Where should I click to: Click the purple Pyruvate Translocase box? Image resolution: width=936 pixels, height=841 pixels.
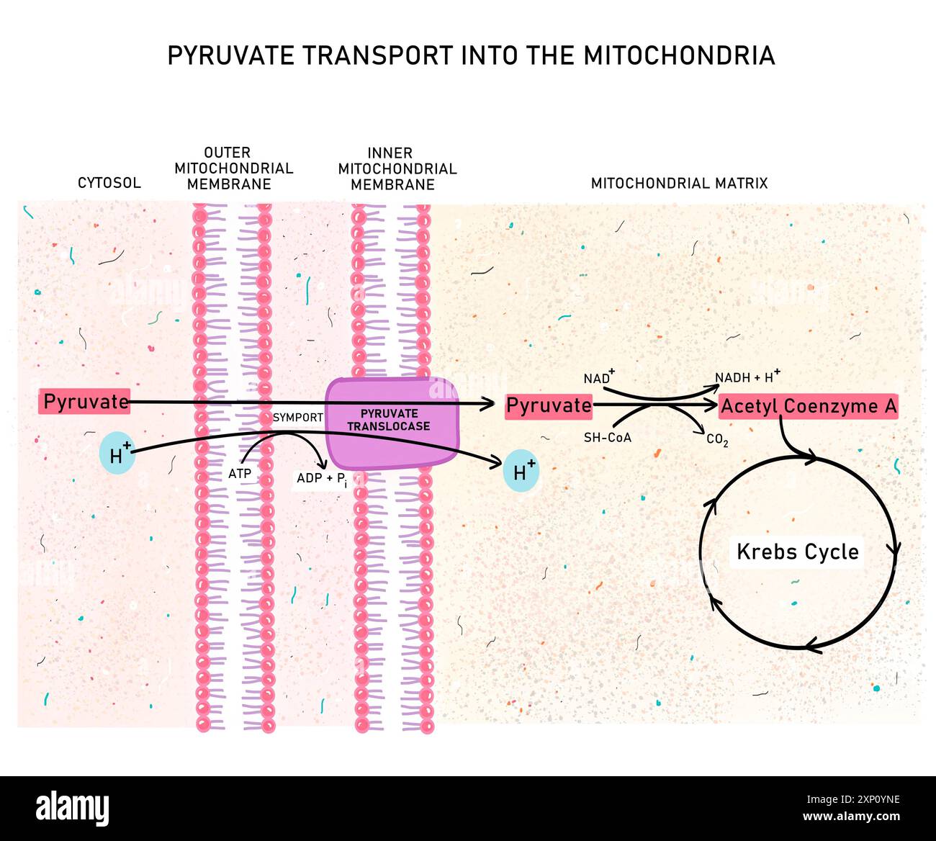point(391,423)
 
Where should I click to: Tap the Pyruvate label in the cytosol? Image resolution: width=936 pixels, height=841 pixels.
point(86,402)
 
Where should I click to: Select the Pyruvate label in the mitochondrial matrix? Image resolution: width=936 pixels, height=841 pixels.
point(549,406)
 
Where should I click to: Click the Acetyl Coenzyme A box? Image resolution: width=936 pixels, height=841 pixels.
point(809,407)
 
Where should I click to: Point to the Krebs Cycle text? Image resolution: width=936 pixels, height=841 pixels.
point(798,552)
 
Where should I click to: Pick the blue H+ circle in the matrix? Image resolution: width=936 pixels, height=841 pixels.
point(521,471)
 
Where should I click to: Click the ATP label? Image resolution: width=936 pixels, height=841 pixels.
point(240,474)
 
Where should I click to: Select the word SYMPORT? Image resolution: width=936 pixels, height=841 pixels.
point(297,418)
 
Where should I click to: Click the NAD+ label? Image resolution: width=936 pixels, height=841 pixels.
point(598,377)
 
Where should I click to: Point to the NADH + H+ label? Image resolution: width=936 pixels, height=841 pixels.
point(747,377)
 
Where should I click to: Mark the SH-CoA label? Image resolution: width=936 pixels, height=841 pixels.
point(607,438)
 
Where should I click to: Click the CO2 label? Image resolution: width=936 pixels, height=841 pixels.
point(717,440)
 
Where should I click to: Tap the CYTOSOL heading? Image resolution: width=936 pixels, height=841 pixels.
point(109,183)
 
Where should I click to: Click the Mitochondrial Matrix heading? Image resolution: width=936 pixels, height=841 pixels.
point(679,184)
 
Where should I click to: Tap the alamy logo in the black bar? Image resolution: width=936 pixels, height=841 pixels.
point(72,808)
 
